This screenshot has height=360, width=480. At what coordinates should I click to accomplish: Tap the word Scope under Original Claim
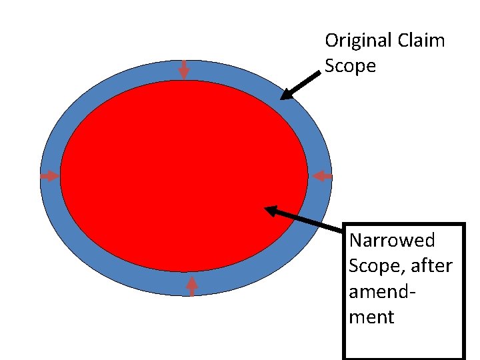(350, 66)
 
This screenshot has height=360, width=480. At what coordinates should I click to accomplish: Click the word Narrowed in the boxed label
(391, 240)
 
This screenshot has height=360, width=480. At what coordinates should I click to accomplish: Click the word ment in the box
(371, 317)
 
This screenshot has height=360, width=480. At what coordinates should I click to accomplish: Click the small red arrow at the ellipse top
(183, 70)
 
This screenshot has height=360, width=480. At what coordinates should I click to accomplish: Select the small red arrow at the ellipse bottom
(192, 286)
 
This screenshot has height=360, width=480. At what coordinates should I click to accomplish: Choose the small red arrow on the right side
(323, 176)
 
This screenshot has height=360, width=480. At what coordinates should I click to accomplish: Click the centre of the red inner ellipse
(184, 176)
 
